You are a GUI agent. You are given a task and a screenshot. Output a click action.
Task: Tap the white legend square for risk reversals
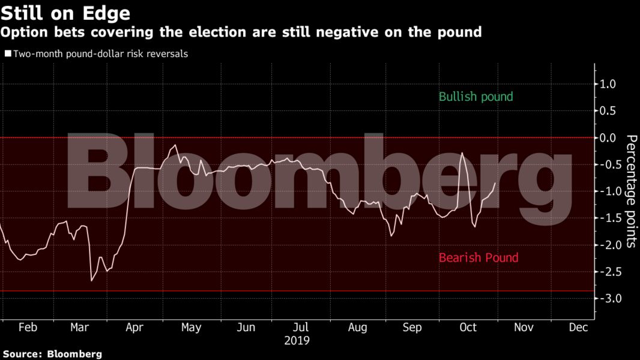click(8, 54)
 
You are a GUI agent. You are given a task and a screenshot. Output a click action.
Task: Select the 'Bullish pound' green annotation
click(475, 97)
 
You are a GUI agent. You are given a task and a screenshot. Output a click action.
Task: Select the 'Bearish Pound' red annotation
click(478, 258)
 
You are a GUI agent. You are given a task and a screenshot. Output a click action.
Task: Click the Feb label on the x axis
click(28, 328)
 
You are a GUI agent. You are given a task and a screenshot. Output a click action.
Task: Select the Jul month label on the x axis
click(301, 328)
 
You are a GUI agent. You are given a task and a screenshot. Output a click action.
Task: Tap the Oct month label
click(468, 328)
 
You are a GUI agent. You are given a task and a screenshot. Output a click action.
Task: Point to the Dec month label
click(578, 328)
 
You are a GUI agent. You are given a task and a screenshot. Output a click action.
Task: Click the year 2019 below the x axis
click(297, 341)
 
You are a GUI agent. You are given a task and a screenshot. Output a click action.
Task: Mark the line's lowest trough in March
click(92, 280)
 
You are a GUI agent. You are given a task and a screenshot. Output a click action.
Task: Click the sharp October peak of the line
click(462, 153)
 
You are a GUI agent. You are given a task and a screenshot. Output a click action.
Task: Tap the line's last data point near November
click(495, 184)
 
